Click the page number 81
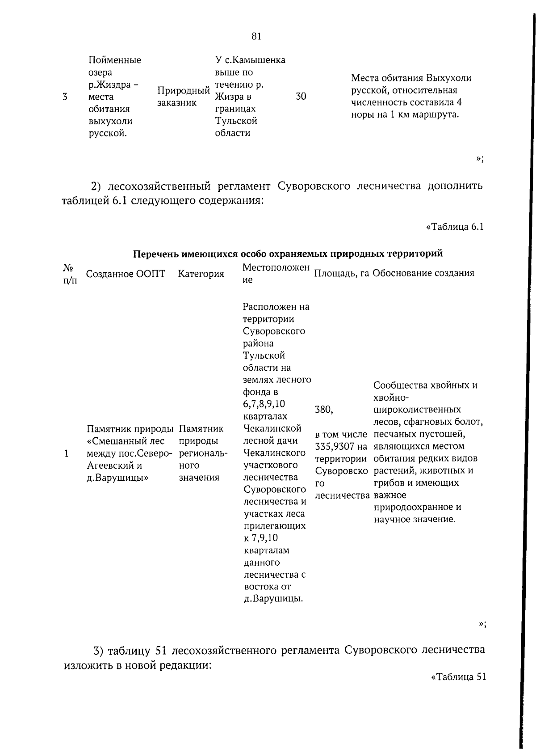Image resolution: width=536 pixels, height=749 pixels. pyautogui.click(x=256, y=37)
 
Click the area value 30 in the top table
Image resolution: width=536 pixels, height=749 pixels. pyautogui.click(x=301, y=96)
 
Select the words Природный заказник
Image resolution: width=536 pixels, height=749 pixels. pyautogui.click(x=183, y=97)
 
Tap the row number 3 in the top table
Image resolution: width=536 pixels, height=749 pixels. pyautogui.click(x=65, y=97)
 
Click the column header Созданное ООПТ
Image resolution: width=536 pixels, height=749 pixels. pyautogui.click(x=126, y=274)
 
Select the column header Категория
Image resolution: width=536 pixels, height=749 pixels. pyautogui.click(x=201, y=274)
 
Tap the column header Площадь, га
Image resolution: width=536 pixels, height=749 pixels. pyautogui.click(x=342, y=273)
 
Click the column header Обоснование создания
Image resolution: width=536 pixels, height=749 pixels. pyautogui.click(x=423, y=273)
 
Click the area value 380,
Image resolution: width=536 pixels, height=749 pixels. pyautogui.click(x=324, y=410)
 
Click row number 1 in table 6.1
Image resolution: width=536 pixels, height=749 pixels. pyautogui.click(x=66, y=453)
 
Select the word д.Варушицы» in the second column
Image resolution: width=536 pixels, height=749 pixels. pyautogui.click(x=117, y=478)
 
